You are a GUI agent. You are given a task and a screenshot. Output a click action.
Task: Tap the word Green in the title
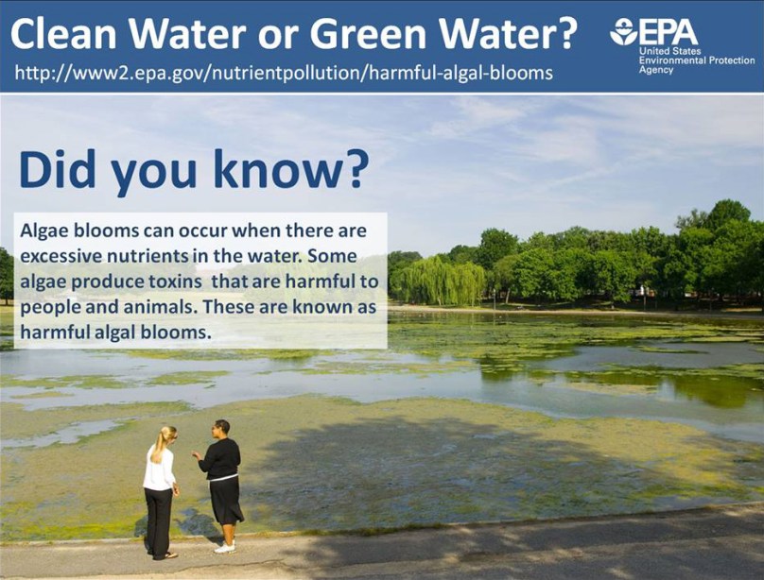tap(368, 34)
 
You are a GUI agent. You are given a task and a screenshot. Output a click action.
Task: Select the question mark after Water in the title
tap(565, 34)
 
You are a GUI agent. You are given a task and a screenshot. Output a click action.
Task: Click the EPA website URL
tap(284, 73)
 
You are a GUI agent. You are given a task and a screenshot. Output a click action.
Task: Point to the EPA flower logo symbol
tap(624, 32)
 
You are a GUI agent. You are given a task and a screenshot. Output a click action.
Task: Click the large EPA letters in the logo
tap(668, 32)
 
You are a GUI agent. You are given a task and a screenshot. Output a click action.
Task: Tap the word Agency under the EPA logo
tap(656, 70)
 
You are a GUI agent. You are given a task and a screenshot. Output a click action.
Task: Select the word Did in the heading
tap(58, 169)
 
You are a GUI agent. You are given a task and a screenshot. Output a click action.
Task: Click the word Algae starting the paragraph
tap(44, 231)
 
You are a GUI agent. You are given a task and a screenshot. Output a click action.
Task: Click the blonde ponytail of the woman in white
tap(159, 444)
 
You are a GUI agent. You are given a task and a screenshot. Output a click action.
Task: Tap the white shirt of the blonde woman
tap(159, 469)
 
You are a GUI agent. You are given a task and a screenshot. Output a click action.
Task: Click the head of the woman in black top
tap(221, 429)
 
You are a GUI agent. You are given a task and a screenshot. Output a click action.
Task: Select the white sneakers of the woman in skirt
tap(225, 548)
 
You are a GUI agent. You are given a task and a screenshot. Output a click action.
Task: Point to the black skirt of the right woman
tap(225, 501)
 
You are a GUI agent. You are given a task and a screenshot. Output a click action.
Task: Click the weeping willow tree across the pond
tap(441, 281)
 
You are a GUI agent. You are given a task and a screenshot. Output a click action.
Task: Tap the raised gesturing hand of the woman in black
tap(196, 455)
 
